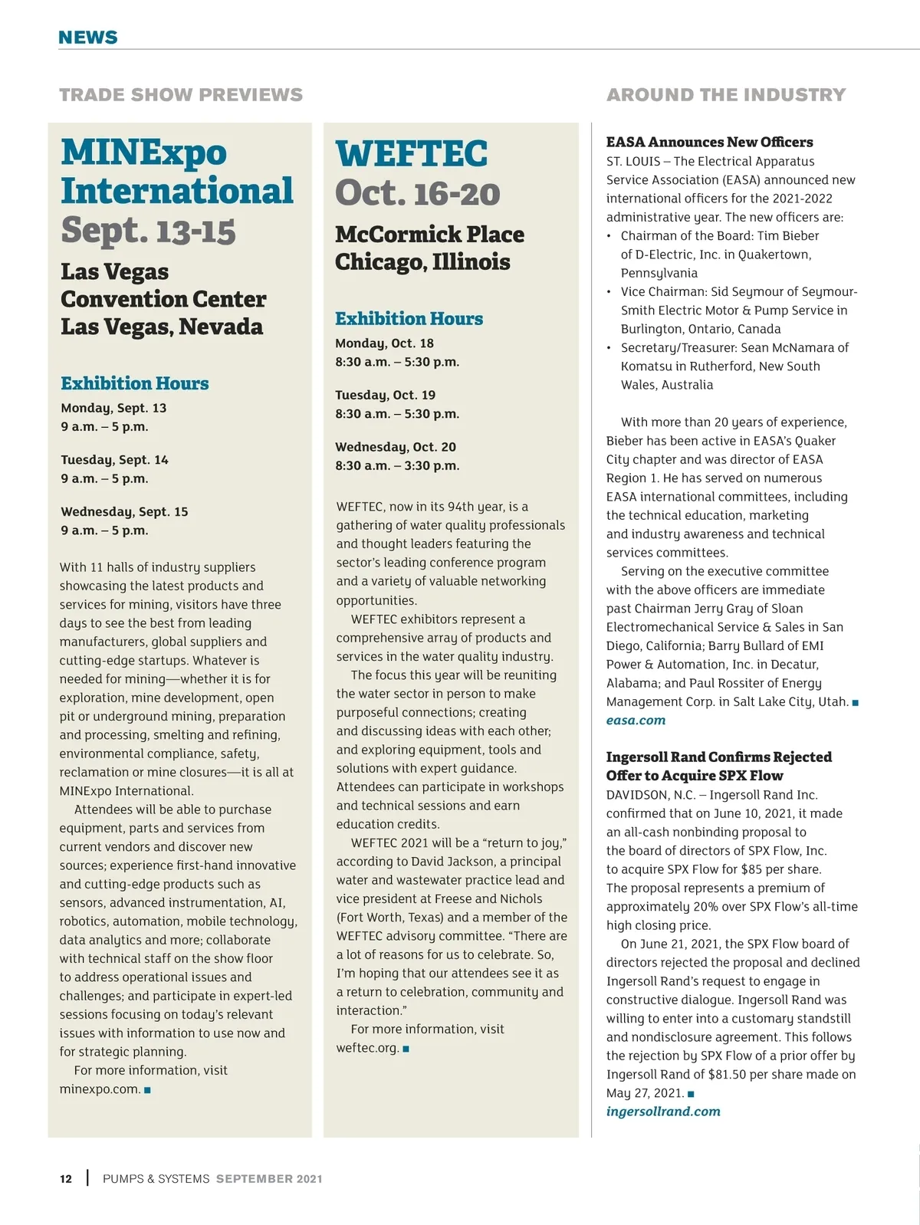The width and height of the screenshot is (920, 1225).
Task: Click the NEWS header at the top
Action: tap(88, 37)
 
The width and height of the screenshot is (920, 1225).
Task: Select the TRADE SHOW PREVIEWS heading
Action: tap(181, 95)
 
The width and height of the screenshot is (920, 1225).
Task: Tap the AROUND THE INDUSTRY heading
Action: tap(725, 95)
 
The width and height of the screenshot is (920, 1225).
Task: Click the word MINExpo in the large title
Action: tap(144, 152)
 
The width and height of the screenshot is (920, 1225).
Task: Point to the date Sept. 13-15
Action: tap(148, 230)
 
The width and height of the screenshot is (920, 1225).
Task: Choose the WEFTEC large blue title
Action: tap(411, 153)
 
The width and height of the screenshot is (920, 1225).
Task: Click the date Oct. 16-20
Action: tap(417, 192)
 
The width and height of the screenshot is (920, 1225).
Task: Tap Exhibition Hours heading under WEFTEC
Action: tap(409, 318)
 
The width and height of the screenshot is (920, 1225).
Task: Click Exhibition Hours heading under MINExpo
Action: tap(134, 383)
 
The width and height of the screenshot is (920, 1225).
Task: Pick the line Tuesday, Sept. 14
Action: tap(114, 460)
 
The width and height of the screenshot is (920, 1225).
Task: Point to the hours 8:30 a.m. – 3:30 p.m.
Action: tap(397, 465)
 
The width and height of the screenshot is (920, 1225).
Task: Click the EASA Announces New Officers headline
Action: tap(709, 142)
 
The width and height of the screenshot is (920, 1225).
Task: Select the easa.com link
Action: tap(636, 720)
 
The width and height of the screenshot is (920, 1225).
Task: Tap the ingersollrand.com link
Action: tap(663, 1111)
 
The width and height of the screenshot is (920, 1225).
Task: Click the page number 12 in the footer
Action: tap(66, 1179)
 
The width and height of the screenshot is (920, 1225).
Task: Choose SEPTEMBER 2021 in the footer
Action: tap(269, 1179)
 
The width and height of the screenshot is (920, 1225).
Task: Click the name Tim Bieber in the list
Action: tap(791, 235)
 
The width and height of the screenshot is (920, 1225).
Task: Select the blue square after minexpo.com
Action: tap(147, 1089)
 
